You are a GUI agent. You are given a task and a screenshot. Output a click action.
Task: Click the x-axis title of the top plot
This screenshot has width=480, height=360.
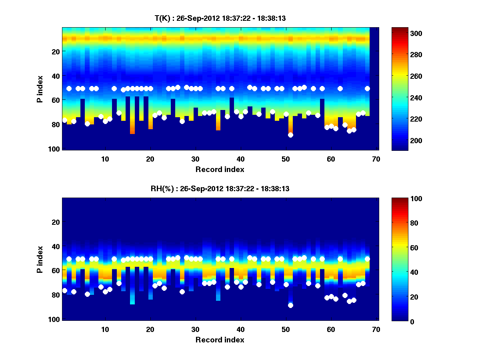220,169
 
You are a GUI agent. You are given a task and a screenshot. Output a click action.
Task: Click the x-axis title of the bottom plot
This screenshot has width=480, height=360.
220,340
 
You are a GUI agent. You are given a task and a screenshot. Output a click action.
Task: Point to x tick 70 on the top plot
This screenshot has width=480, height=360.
376,159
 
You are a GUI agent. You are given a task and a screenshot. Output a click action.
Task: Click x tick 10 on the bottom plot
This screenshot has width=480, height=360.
105,329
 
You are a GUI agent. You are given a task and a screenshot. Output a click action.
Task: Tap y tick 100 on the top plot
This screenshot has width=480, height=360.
55,149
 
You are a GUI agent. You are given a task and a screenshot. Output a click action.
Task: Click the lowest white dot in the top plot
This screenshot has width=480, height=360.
290,135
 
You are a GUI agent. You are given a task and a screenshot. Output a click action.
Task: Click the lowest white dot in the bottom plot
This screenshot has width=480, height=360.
290,305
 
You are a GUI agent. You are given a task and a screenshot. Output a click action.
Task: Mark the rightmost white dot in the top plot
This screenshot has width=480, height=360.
367,88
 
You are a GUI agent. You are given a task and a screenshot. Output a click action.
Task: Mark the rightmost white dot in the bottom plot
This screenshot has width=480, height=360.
367,259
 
